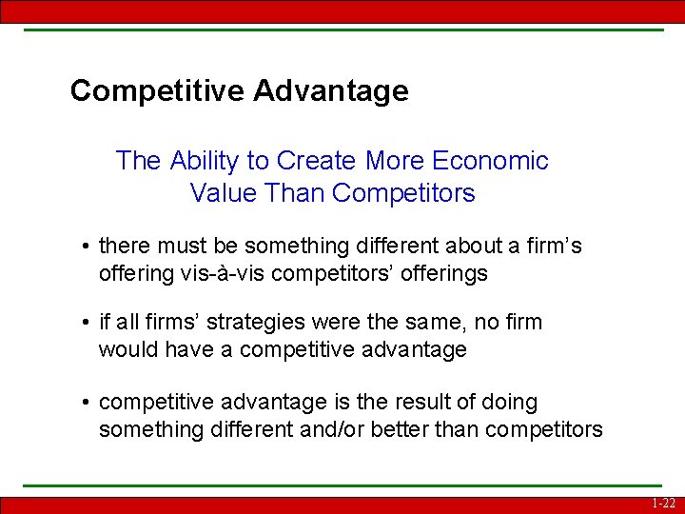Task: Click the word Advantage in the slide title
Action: pyautogui.click(x=331, y=91)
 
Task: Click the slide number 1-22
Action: pyautogui.click(x=663, y=504)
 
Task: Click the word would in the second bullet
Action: pyautogui.click(x=128, y=350)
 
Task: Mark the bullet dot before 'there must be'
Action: pyautogui.click(x=86, y=247)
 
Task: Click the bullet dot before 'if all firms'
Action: pyautogui.click(x=86, y=324)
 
